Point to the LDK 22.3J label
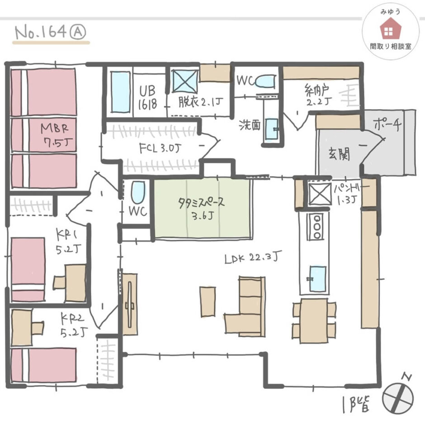[x=253, y=258]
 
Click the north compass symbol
[x=398, y=398]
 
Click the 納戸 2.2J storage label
[x=318, y=95]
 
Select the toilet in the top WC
[x=265, y=81]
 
